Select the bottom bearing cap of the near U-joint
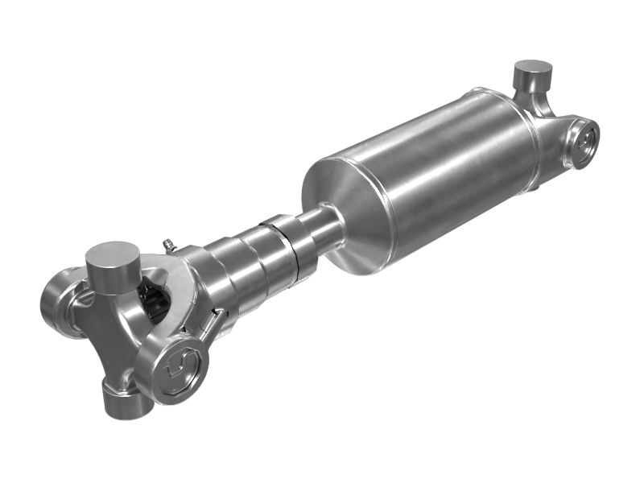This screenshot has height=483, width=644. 122,399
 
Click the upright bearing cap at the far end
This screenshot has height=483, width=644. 533,76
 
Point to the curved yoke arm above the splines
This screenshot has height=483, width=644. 173,270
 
